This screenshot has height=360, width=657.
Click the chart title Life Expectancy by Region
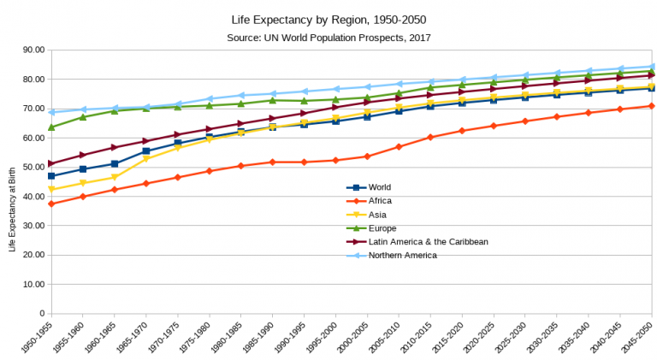pyautogui.click(x=328, y=19)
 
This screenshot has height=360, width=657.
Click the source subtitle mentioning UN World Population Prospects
pyautogui.click(x=328, y=38)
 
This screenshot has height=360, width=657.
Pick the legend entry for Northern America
pyautogui.click(x=402, y=255)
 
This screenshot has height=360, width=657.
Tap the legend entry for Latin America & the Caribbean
pyautogui.click(x=428, y=241)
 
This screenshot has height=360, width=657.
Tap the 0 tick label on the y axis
pyautogui.click(x=40, y=313)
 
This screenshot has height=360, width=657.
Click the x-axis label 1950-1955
pyautogui.click(x=38, y=339)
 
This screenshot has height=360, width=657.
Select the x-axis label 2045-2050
pyautogui.click(x=638, y=339)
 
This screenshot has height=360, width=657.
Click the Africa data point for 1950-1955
pyautogui.click(x=51, y=204)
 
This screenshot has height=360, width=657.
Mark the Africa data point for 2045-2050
pyautogui.click(x=652, y=106)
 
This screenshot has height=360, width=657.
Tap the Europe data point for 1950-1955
pyautogui.click(x=51, y=127)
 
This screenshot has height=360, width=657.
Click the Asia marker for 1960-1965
pyautogui.click(x=115, y=177)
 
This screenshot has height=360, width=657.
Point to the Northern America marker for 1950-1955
pyautogui.click(x=51, y=112)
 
